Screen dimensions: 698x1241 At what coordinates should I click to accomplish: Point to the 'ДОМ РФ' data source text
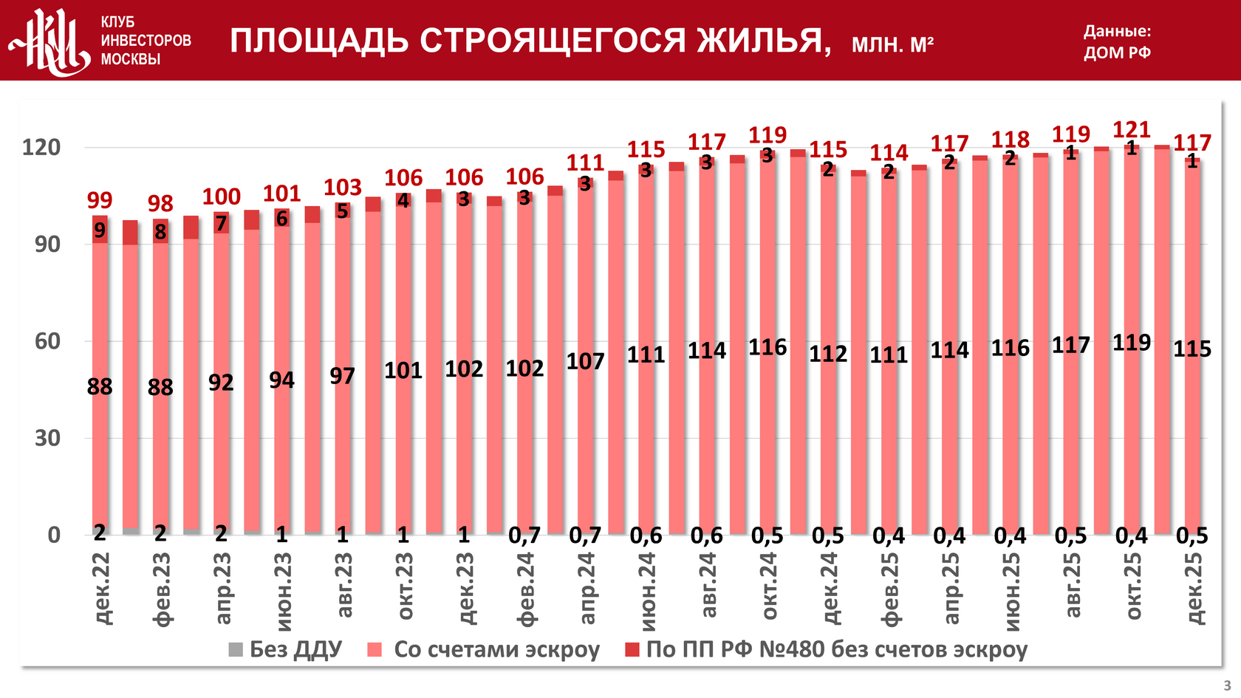tap(1117, 52)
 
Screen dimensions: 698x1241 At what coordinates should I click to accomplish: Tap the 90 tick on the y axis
tap(47, 244)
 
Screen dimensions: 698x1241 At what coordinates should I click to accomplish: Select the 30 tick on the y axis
tap(47, 438)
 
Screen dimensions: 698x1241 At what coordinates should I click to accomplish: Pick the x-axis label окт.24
tap(768, 586)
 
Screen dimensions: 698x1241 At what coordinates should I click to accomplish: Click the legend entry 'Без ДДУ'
tap(286, 649)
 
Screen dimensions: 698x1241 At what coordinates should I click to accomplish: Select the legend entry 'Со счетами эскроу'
tap(485, 649)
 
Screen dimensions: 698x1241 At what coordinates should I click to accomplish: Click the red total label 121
tap(1132, 130)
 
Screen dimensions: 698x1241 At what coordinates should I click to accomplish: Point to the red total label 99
tap(100, 200)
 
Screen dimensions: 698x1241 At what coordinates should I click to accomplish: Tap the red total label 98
tap(160, 203)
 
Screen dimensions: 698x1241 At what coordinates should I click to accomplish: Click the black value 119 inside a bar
tap(1132, 343)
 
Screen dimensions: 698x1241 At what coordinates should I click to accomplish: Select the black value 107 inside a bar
tap(585, 361)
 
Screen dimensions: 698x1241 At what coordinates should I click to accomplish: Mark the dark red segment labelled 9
tap(100, 230)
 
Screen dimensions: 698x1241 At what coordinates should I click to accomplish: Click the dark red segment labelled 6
tap(281, 219)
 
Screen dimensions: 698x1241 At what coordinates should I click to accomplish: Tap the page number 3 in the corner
tap(1227, 685)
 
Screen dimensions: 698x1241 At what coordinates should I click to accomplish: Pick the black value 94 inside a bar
tap(281, 380)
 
